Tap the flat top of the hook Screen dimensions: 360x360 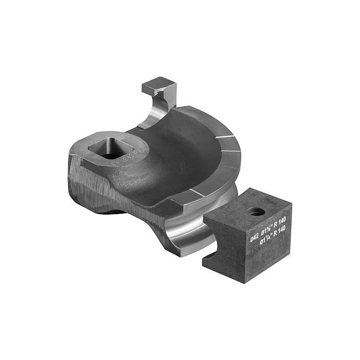(x=158, y=84)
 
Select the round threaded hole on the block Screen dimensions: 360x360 (x=256, y=211)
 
